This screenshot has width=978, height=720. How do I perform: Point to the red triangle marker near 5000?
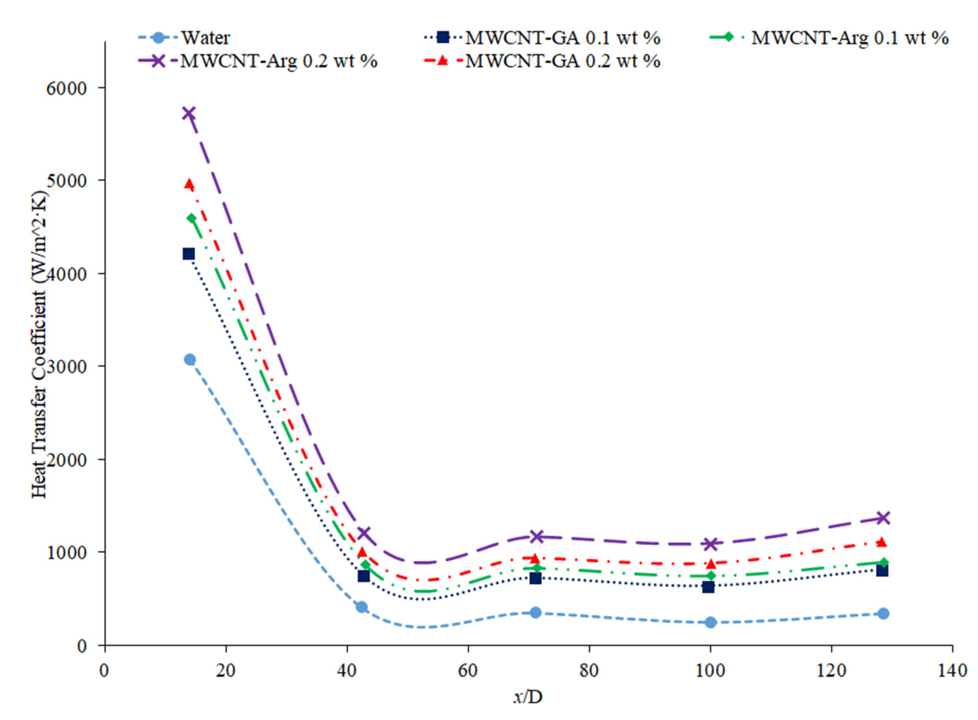[189, 184]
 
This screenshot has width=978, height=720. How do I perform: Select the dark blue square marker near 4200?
[189, 254]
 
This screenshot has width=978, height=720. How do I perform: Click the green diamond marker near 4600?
[191, 218]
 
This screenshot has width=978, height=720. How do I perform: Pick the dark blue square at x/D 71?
[535, 578]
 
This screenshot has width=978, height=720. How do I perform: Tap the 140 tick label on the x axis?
[952, 670]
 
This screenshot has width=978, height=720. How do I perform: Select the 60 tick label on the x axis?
[468, 670]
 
